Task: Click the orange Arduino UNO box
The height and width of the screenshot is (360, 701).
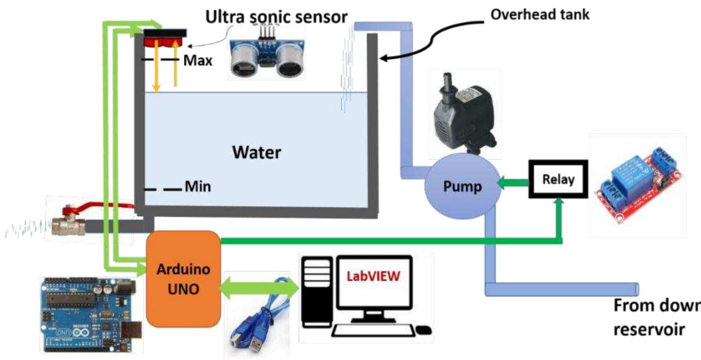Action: [183, 278]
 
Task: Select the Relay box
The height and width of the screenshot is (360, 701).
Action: [558, 180]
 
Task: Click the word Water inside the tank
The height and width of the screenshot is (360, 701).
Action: [258, 152]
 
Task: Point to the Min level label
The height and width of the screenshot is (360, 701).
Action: [198, 187]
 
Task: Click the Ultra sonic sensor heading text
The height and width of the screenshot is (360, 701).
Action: [277, 17]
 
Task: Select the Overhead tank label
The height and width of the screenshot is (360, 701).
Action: [540, 14]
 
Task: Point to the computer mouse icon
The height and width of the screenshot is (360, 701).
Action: [424, 331]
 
